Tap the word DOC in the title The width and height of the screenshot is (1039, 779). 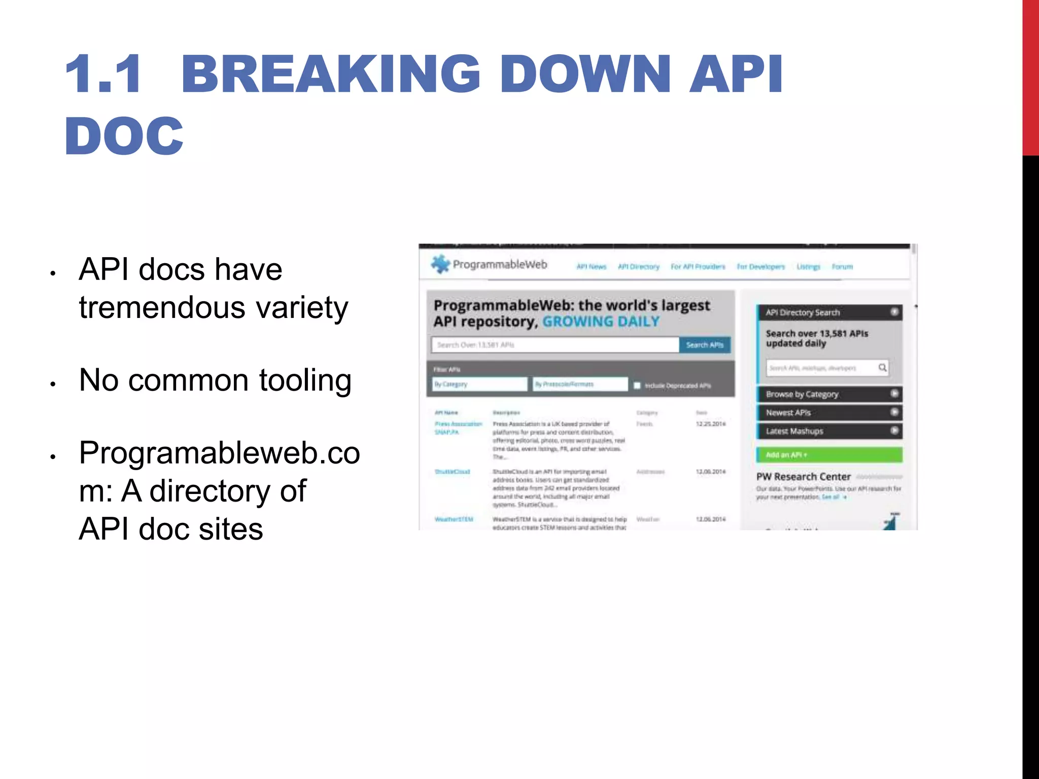[x=124, y=136]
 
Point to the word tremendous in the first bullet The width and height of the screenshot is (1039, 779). [x=163, y=307]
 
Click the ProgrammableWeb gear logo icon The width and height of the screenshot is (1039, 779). [x=440, y=264]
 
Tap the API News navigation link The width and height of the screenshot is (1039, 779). [x=591, y=267]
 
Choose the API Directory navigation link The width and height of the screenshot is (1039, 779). [x=638, y=267]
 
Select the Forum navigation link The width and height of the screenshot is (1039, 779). [x=842, y=267]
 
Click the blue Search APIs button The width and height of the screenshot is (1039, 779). [x=705, y=345]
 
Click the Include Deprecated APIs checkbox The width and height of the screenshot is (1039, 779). [x=637, y=385]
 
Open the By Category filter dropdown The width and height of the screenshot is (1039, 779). [x=479, y=384]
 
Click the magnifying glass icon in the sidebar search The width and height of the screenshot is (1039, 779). [x=882, y=368]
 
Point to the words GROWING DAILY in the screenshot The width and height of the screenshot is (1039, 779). [x=601, y=322]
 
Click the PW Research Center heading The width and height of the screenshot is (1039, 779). [x=803, y=477]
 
